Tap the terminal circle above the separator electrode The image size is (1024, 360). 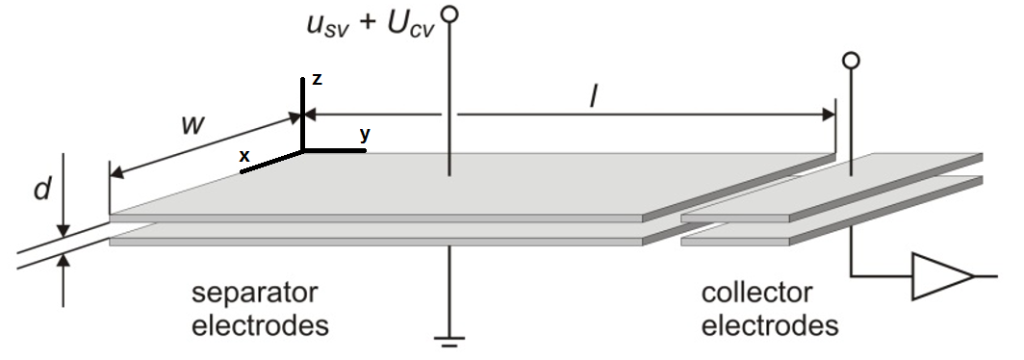point(448,13)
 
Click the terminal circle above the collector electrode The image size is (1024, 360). point(850,62)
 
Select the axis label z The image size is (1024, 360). point(317,80)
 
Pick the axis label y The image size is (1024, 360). point(365,135)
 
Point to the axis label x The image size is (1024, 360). point(244,155)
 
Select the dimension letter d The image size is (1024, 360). point(41,189)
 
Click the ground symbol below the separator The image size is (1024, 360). point(448,339)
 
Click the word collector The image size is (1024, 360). point(756,293)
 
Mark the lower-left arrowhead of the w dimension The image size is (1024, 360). point(116,174)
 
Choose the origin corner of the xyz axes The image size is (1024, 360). point(304,150)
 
